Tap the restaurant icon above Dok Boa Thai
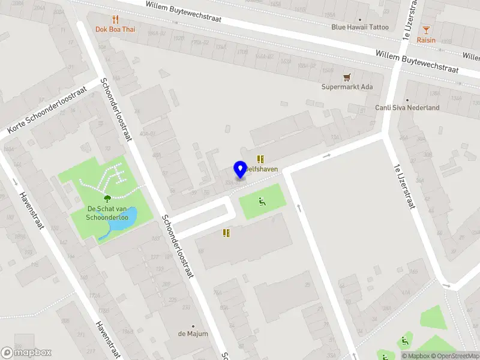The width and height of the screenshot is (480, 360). point(115,19)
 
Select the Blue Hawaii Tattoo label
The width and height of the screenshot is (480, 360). point(360,27)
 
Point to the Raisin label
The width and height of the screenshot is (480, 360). point(426,40)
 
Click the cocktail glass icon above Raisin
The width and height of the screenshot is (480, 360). point(426,30)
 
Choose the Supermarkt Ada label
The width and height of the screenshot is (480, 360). point(347,87)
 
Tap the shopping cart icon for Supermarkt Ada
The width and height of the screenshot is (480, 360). point(347,77)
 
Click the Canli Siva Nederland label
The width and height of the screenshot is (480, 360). point(407,108)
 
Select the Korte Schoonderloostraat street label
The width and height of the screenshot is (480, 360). point(47,110)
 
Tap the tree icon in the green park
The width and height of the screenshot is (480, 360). point(107,199)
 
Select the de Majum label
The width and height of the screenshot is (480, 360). point(193,334)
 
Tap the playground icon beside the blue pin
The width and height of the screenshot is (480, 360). point(261,200)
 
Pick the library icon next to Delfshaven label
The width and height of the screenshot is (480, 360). point(260,159)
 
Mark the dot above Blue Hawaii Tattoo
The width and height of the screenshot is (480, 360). point(360,20)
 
